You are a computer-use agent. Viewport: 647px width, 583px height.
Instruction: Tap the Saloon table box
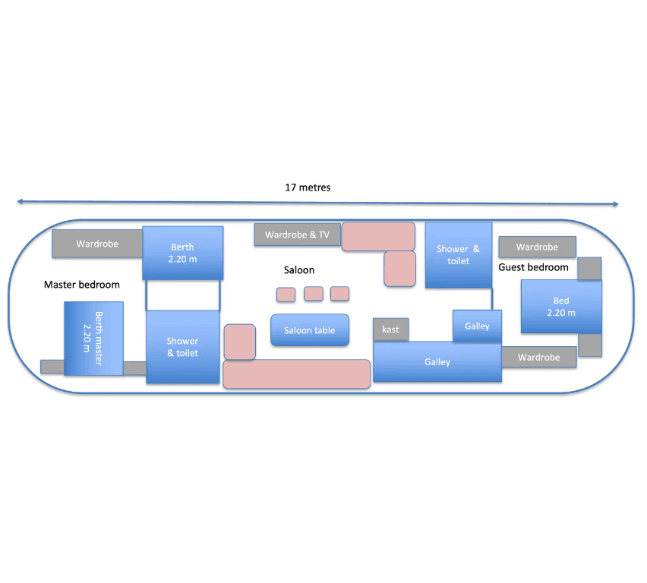(x=310, y=330)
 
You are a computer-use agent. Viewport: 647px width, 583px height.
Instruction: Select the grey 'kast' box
(x=390, y=329)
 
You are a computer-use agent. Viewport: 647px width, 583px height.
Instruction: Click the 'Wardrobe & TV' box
(x=297, y=235)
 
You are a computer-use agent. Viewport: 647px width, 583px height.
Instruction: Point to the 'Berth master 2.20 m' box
(x=93, y=339)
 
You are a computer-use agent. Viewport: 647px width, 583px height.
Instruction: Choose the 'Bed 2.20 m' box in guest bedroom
(x=560, y=307)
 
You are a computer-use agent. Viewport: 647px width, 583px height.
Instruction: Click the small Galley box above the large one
(x=477, y=326)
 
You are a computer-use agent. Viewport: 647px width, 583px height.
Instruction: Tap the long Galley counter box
(x=437, y=362)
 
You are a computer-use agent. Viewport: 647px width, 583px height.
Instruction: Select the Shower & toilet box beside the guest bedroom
(x=458, y=255)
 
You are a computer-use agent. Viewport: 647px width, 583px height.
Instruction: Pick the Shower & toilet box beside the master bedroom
(x=182, y=347)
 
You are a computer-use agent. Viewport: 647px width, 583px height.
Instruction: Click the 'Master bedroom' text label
(x=82, y=285)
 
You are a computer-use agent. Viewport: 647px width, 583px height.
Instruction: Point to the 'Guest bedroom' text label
(x=533, y=267)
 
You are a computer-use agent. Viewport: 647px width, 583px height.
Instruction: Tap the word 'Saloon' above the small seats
(x=298, y=270)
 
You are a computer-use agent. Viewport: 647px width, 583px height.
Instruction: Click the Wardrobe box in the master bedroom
(x=97, y=244)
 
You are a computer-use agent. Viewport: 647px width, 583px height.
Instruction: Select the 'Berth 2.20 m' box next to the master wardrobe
(x=182, y=253)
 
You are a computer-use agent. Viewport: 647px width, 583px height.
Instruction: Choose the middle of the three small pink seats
(x=313, y=294)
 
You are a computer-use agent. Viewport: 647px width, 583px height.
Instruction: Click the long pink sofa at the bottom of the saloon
(x=296, y=373)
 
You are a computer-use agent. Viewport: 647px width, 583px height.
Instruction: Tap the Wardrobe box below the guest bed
(x=538, y=358)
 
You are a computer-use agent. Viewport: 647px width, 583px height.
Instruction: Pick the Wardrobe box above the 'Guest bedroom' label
(x=537, y=247)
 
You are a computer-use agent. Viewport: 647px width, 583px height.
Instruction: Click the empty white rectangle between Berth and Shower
(x=182, y=295)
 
